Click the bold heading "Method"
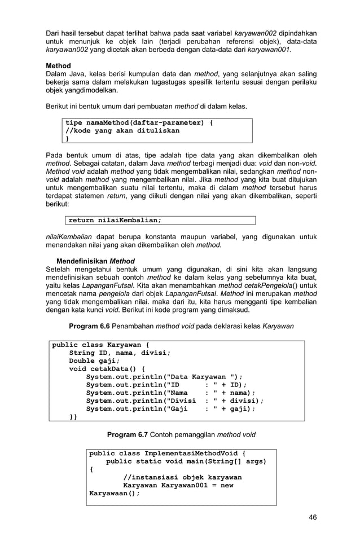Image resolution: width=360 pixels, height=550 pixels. coord(58,66)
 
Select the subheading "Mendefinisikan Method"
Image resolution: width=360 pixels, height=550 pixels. coord(95,261)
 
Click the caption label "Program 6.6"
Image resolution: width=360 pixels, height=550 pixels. coord(89,326)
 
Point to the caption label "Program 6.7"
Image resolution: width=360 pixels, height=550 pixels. coord(128,435)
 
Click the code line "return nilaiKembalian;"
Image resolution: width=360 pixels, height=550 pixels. coord(115,220)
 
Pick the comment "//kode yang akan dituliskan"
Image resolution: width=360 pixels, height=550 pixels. coord(122,130)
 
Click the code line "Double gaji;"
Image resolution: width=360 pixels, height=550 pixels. coord(94,361)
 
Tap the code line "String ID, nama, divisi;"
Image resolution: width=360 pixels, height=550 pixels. coord(120,353)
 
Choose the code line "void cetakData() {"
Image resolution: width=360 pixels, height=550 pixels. coord(107,369)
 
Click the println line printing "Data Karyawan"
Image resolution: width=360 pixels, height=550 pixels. coord(164,377)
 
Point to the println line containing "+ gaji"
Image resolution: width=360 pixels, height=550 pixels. coord(170,409)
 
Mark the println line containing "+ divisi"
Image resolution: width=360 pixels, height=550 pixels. coord(174,401)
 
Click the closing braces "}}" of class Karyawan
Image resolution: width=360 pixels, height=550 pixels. coord(73,417)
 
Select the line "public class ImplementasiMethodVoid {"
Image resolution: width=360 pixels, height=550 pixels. coord(168,454)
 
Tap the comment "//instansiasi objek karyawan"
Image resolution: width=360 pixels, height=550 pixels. coord(182,477)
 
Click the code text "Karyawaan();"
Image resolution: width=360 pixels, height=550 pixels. coord(115,493)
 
